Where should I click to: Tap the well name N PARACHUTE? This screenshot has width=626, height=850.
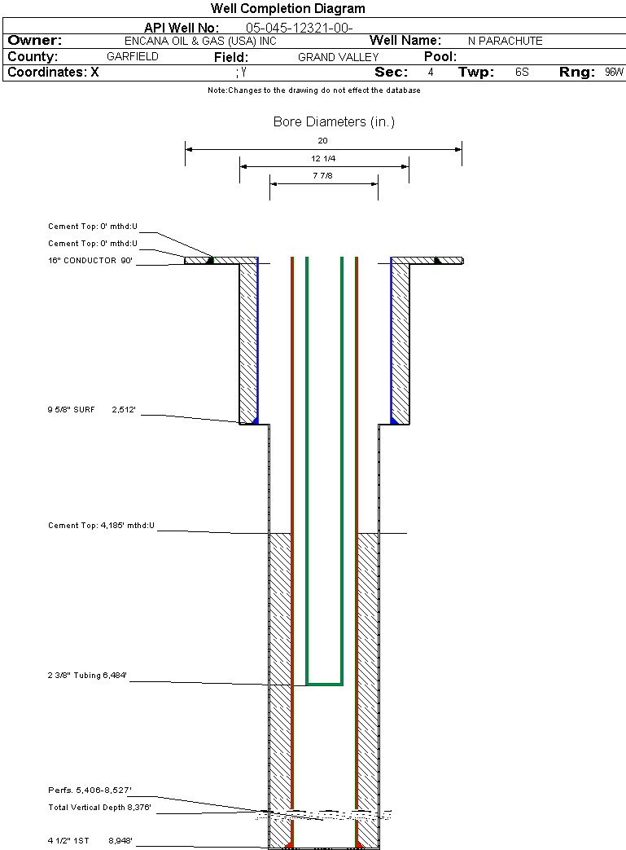505,41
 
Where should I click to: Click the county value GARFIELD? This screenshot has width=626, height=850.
133,57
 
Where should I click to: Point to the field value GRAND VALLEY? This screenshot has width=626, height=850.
338,57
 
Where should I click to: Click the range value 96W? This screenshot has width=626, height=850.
614,73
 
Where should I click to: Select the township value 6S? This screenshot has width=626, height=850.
522,73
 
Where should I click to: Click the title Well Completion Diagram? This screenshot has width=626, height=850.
288,9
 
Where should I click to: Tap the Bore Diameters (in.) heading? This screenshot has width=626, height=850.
334,122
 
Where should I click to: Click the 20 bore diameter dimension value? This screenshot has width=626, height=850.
323,140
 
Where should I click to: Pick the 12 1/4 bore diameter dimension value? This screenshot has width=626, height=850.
323,158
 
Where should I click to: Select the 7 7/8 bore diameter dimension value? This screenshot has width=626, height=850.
323,175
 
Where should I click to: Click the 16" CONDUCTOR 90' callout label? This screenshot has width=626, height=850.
90,261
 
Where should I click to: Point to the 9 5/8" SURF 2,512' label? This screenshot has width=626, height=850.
91,412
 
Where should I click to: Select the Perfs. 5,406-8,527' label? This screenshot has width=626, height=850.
90,791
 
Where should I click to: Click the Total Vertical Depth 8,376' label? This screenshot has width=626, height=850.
99,808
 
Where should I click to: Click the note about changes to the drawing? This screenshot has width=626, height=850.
314,90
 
